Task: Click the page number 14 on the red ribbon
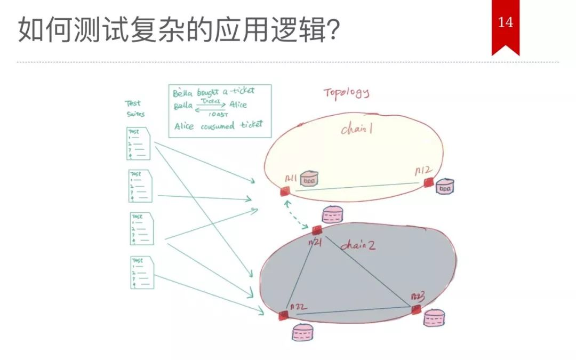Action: point(505,22)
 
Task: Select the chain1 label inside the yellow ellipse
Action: point(356,129)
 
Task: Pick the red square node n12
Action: point(428,183)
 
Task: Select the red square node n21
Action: point(317,230)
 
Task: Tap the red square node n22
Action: point(283,315)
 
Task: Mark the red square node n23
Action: point(416,309)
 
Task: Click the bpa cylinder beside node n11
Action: point(309,180)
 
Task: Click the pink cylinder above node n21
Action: point(333,214)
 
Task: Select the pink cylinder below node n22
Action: point(302,332)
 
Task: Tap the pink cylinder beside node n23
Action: point(434,318)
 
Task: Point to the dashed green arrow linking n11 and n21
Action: point(299,214)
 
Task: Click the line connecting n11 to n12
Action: point(357,187)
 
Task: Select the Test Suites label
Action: point(134,108)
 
